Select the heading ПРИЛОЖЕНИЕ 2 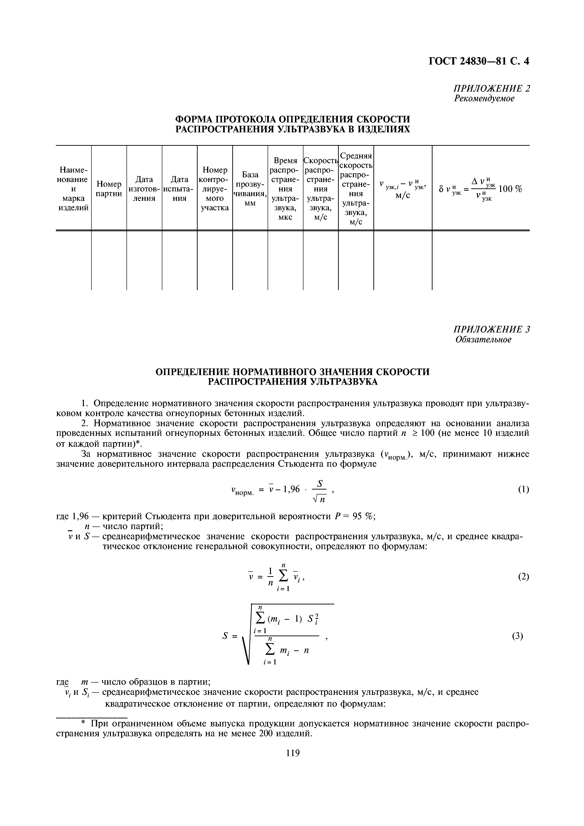coord(491,89)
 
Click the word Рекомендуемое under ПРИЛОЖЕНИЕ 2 coord(484,98)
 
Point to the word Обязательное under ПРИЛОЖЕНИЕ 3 coord(483,339)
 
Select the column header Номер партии coord(109,189)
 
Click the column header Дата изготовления coord(144,189)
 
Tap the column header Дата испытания coord(179,189)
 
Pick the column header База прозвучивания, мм coord(250,189)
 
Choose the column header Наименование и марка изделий coord(74,189)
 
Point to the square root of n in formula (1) coord(319,499)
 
